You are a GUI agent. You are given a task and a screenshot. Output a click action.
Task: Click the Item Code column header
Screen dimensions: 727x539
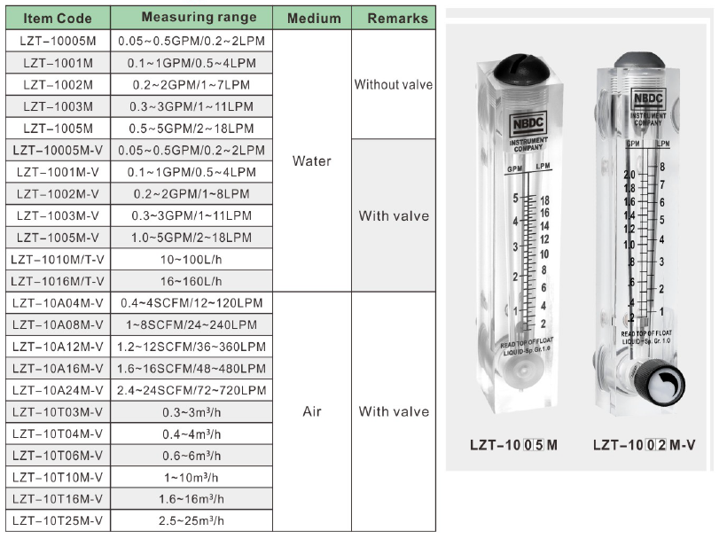[58, 18]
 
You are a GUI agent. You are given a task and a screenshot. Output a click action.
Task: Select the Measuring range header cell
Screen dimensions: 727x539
[199, 17]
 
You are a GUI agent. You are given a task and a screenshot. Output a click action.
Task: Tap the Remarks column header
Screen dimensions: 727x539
[397, 18]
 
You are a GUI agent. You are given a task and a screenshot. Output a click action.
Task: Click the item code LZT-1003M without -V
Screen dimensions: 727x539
[58, 106]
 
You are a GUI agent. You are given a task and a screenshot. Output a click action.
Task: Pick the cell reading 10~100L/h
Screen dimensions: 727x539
[191, 259]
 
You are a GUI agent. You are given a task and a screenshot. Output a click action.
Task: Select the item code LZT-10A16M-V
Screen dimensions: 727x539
[58, 369]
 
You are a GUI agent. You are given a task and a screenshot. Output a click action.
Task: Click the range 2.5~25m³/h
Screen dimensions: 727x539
[192, 520]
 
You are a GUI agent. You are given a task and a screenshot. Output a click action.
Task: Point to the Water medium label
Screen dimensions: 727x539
[311, 160]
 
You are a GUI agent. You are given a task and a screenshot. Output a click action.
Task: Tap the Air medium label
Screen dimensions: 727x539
[311, 411]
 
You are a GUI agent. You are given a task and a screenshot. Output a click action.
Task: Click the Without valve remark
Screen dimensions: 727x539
[393, 84]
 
